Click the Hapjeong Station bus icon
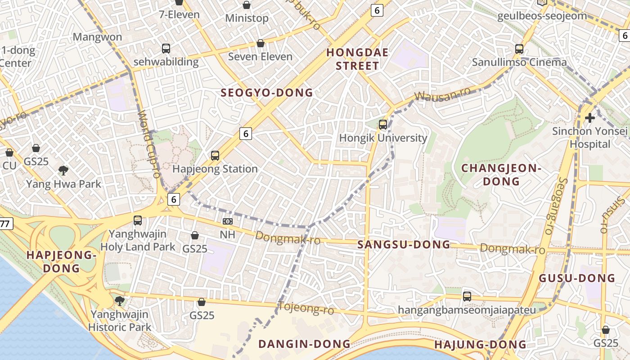point(215,156)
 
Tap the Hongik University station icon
point(383,125)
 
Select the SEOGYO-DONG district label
point(266,93)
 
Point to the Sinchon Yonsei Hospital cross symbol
point(589,118)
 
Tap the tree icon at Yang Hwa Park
point(63,171)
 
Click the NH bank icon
point(227,221)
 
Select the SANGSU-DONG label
point(404,245)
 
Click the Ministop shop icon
point(247,5)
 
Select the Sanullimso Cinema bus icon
point(519,49)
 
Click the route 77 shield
point(5,224)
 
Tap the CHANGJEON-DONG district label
point(501,175)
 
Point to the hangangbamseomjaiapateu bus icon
point(467,297)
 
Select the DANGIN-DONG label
point(304,344)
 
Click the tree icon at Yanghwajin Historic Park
point(119,301)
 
